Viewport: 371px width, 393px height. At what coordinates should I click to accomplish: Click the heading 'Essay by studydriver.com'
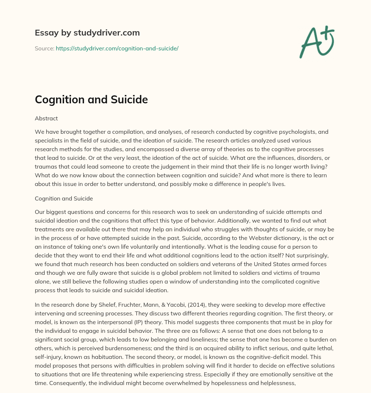coord(87,33)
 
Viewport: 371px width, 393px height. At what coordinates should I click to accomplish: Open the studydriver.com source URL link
coord(117,48)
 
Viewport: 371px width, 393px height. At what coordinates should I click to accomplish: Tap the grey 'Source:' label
coord(44,48)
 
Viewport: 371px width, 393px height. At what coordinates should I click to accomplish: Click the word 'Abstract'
coord(46,118)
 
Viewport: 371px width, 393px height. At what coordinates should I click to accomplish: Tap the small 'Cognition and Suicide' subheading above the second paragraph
coord(64,198)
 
